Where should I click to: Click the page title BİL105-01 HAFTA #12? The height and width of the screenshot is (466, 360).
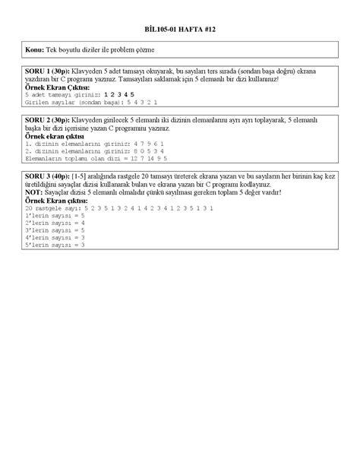[180, 26]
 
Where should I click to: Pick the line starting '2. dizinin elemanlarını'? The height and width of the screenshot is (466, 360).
[74, 151]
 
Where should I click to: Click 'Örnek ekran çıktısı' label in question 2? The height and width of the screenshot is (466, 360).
[52, 137]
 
